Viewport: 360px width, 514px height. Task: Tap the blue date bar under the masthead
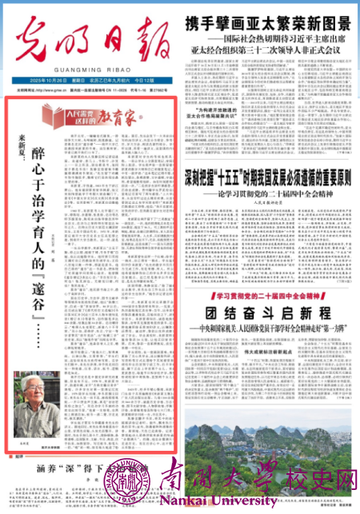point(89,82)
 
